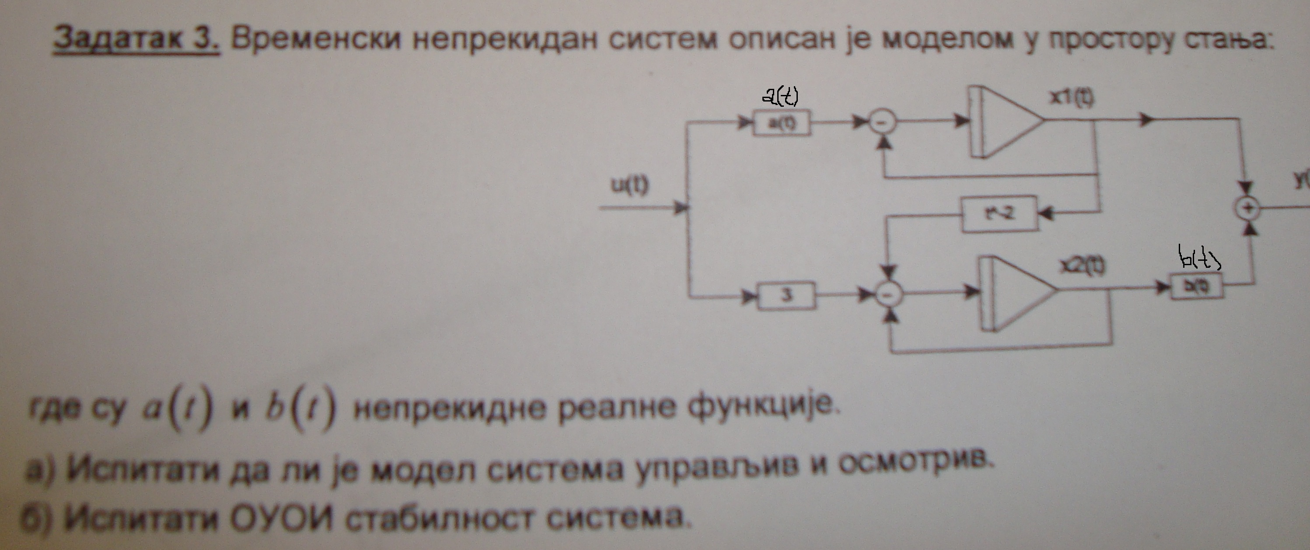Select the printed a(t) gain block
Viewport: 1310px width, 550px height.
782,123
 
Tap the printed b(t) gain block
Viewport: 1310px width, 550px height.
1197,287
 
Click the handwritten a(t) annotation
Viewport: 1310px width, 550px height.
781,97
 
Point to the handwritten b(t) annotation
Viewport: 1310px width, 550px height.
1199,259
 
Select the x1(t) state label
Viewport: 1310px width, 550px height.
1072,98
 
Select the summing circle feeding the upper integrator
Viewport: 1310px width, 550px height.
882,122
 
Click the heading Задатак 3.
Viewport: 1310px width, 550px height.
136,39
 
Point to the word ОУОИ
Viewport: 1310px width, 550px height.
282,518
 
